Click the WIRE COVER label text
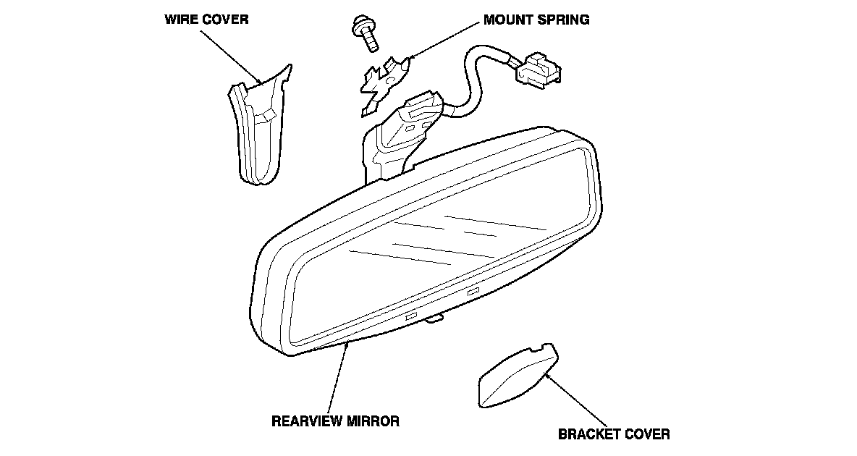pyautogui.click(x=206, y=20)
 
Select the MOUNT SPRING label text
pyautogui.click(x=536, y=20)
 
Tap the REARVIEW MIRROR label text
pyautogui.click(x=335, y=421)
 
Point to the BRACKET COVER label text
pyautogui.click(x=614, y=434)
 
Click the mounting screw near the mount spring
pyautogui.click(x=366, y=33)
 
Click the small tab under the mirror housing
pyautogui.click(x=434, y=318)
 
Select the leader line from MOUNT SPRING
pyautogui.click(x=445, y=40)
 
